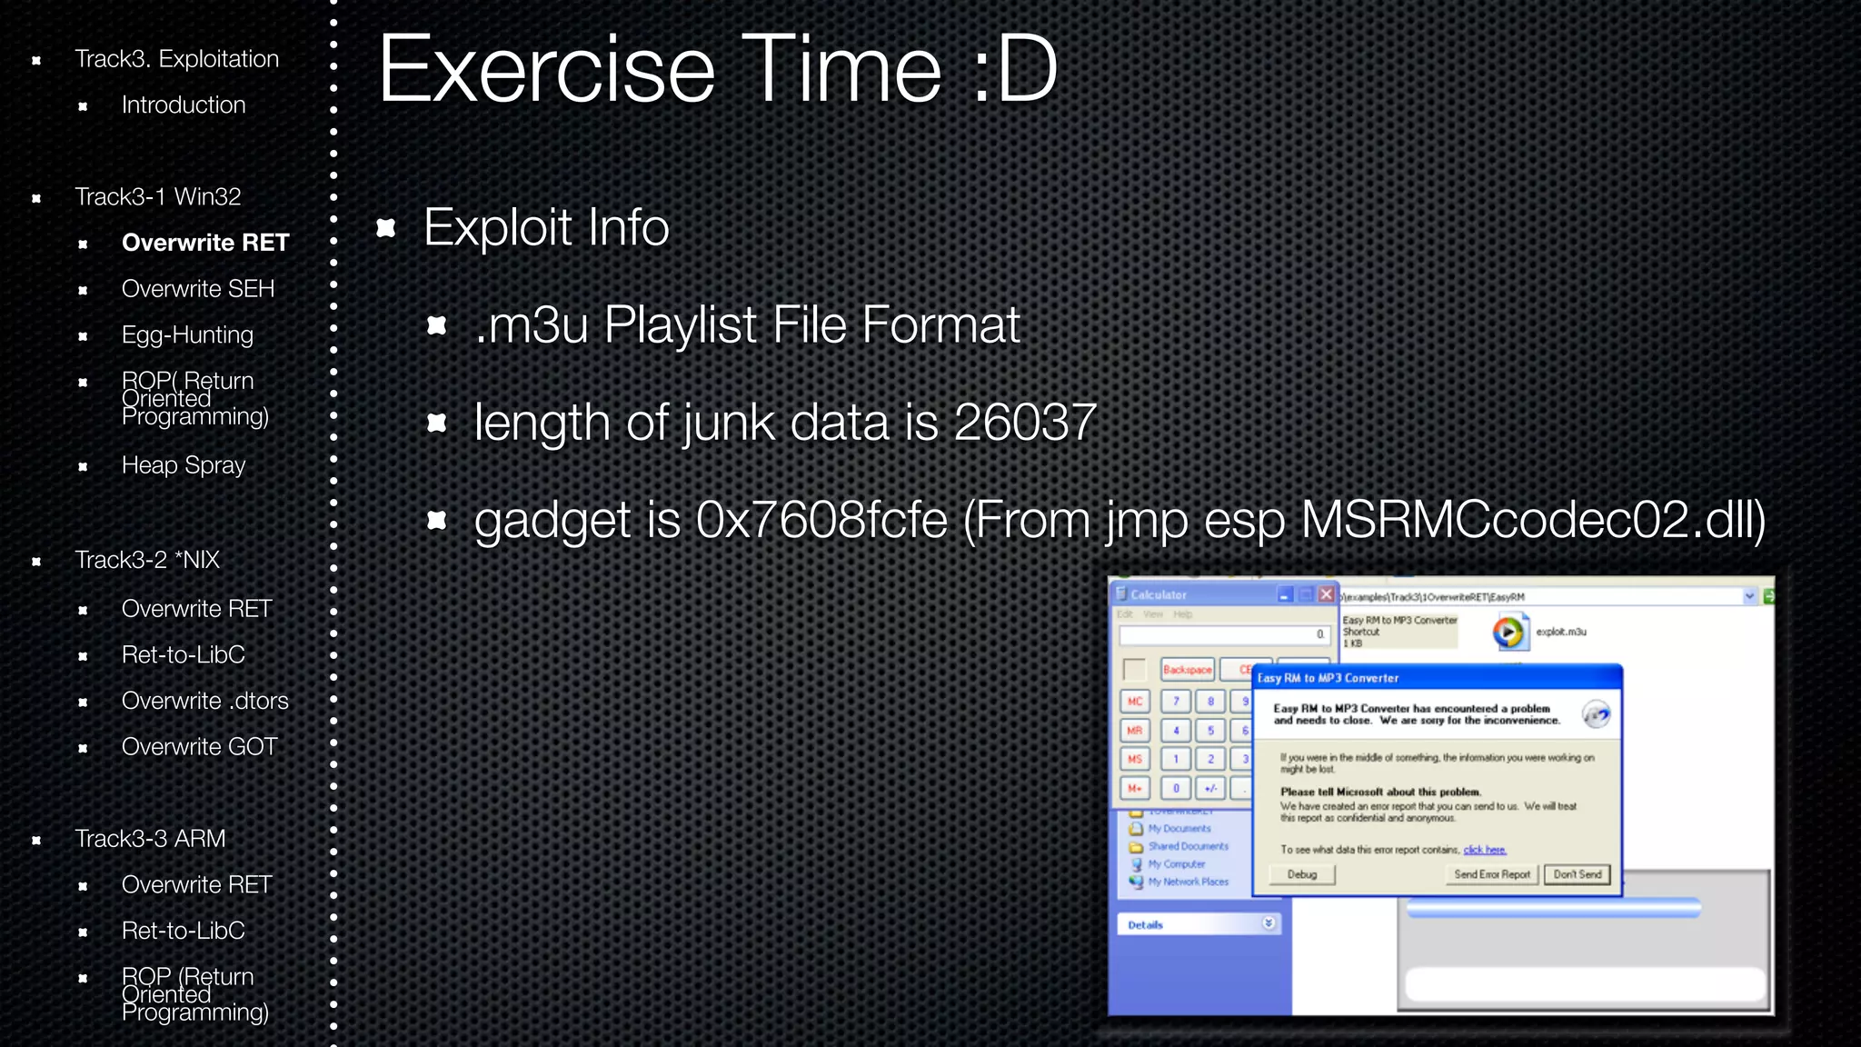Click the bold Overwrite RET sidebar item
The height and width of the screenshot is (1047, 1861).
click(204, 243)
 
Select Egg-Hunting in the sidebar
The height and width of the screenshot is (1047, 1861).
click(187, 334)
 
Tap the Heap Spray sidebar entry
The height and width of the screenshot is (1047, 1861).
click(184, 465)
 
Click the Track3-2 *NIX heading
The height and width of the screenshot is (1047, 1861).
click(147, 560)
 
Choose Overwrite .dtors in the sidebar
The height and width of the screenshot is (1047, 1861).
click(204, 701)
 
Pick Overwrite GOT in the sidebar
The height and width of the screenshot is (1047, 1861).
click(199, 747)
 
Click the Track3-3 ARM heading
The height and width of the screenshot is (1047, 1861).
click(150, 839)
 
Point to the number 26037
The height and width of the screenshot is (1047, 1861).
click(1025, 423)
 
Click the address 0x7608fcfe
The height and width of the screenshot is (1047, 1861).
click(821, 521)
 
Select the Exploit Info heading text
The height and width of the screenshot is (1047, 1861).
click(546, 227)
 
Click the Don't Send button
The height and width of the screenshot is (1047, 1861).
click(1577, 874)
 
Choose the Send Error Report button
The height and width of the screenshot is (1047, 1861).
click(1491, 874)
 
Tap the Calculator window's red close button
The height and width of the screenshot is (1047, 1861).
click(1326, 594)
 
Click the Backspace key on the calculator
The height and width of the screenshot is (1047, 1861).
click(1187, 670)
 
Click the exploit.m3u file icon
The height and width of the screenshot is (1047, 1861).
click(1508, 632)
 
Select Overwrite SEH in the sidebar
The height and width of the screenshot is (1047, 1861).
click(197, 289)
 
